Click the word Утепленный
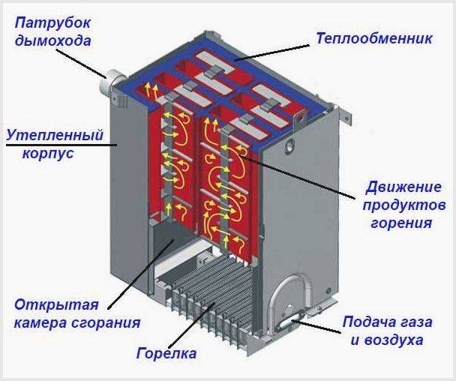tap(53, 136)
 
